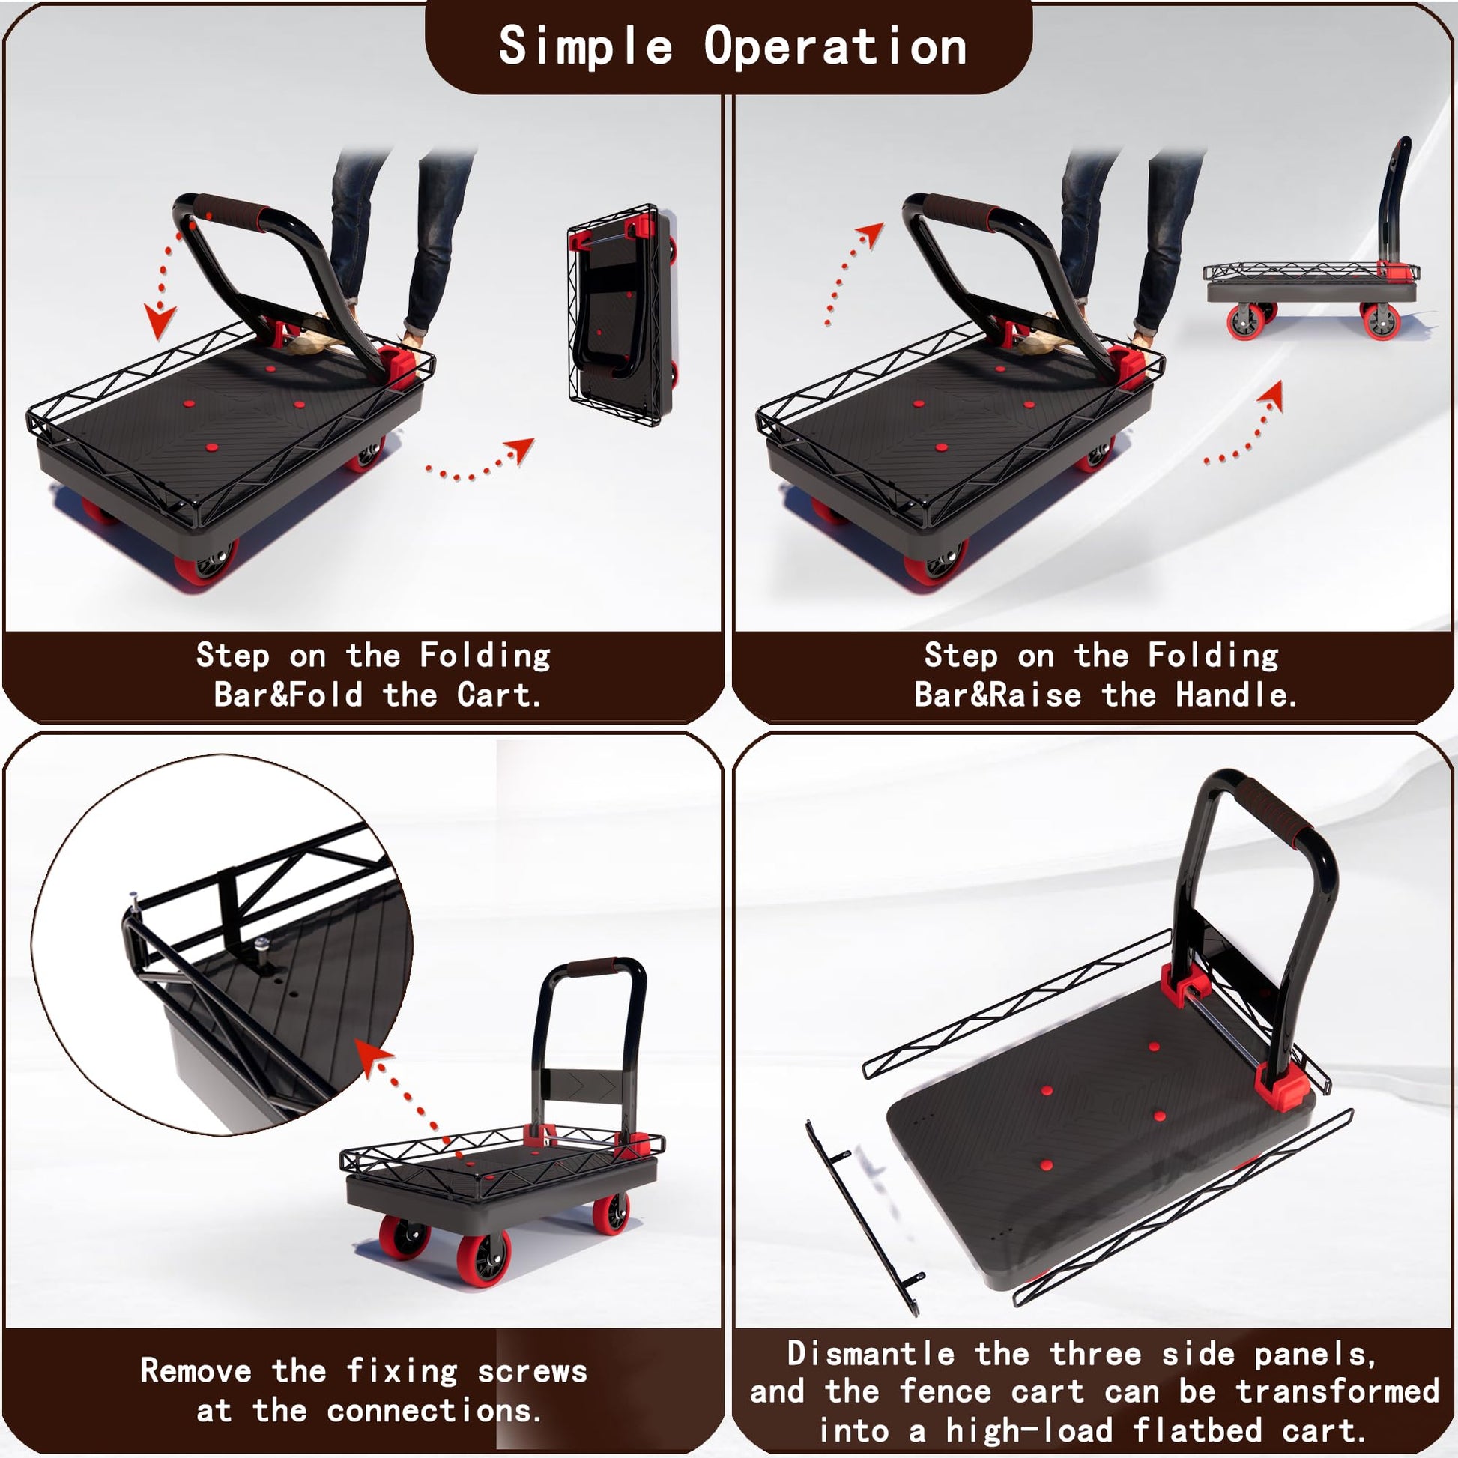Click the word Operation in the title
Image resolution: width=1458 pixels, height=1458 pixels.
(835, 45)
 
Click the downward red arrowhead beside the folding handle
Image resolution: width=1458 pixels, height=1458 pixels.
(160, 321)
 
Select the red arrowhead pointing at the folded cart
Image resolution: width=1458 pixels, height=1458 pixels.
(521, 450)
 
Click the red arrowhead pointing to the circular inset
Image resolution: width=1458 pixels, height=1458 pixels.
(373, 1054)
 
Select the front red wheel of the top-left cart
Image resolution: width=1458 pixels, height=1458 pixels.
(205, 563)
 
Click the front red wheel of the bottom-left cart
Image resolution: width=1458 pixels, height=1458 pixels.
(482, 1259)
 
